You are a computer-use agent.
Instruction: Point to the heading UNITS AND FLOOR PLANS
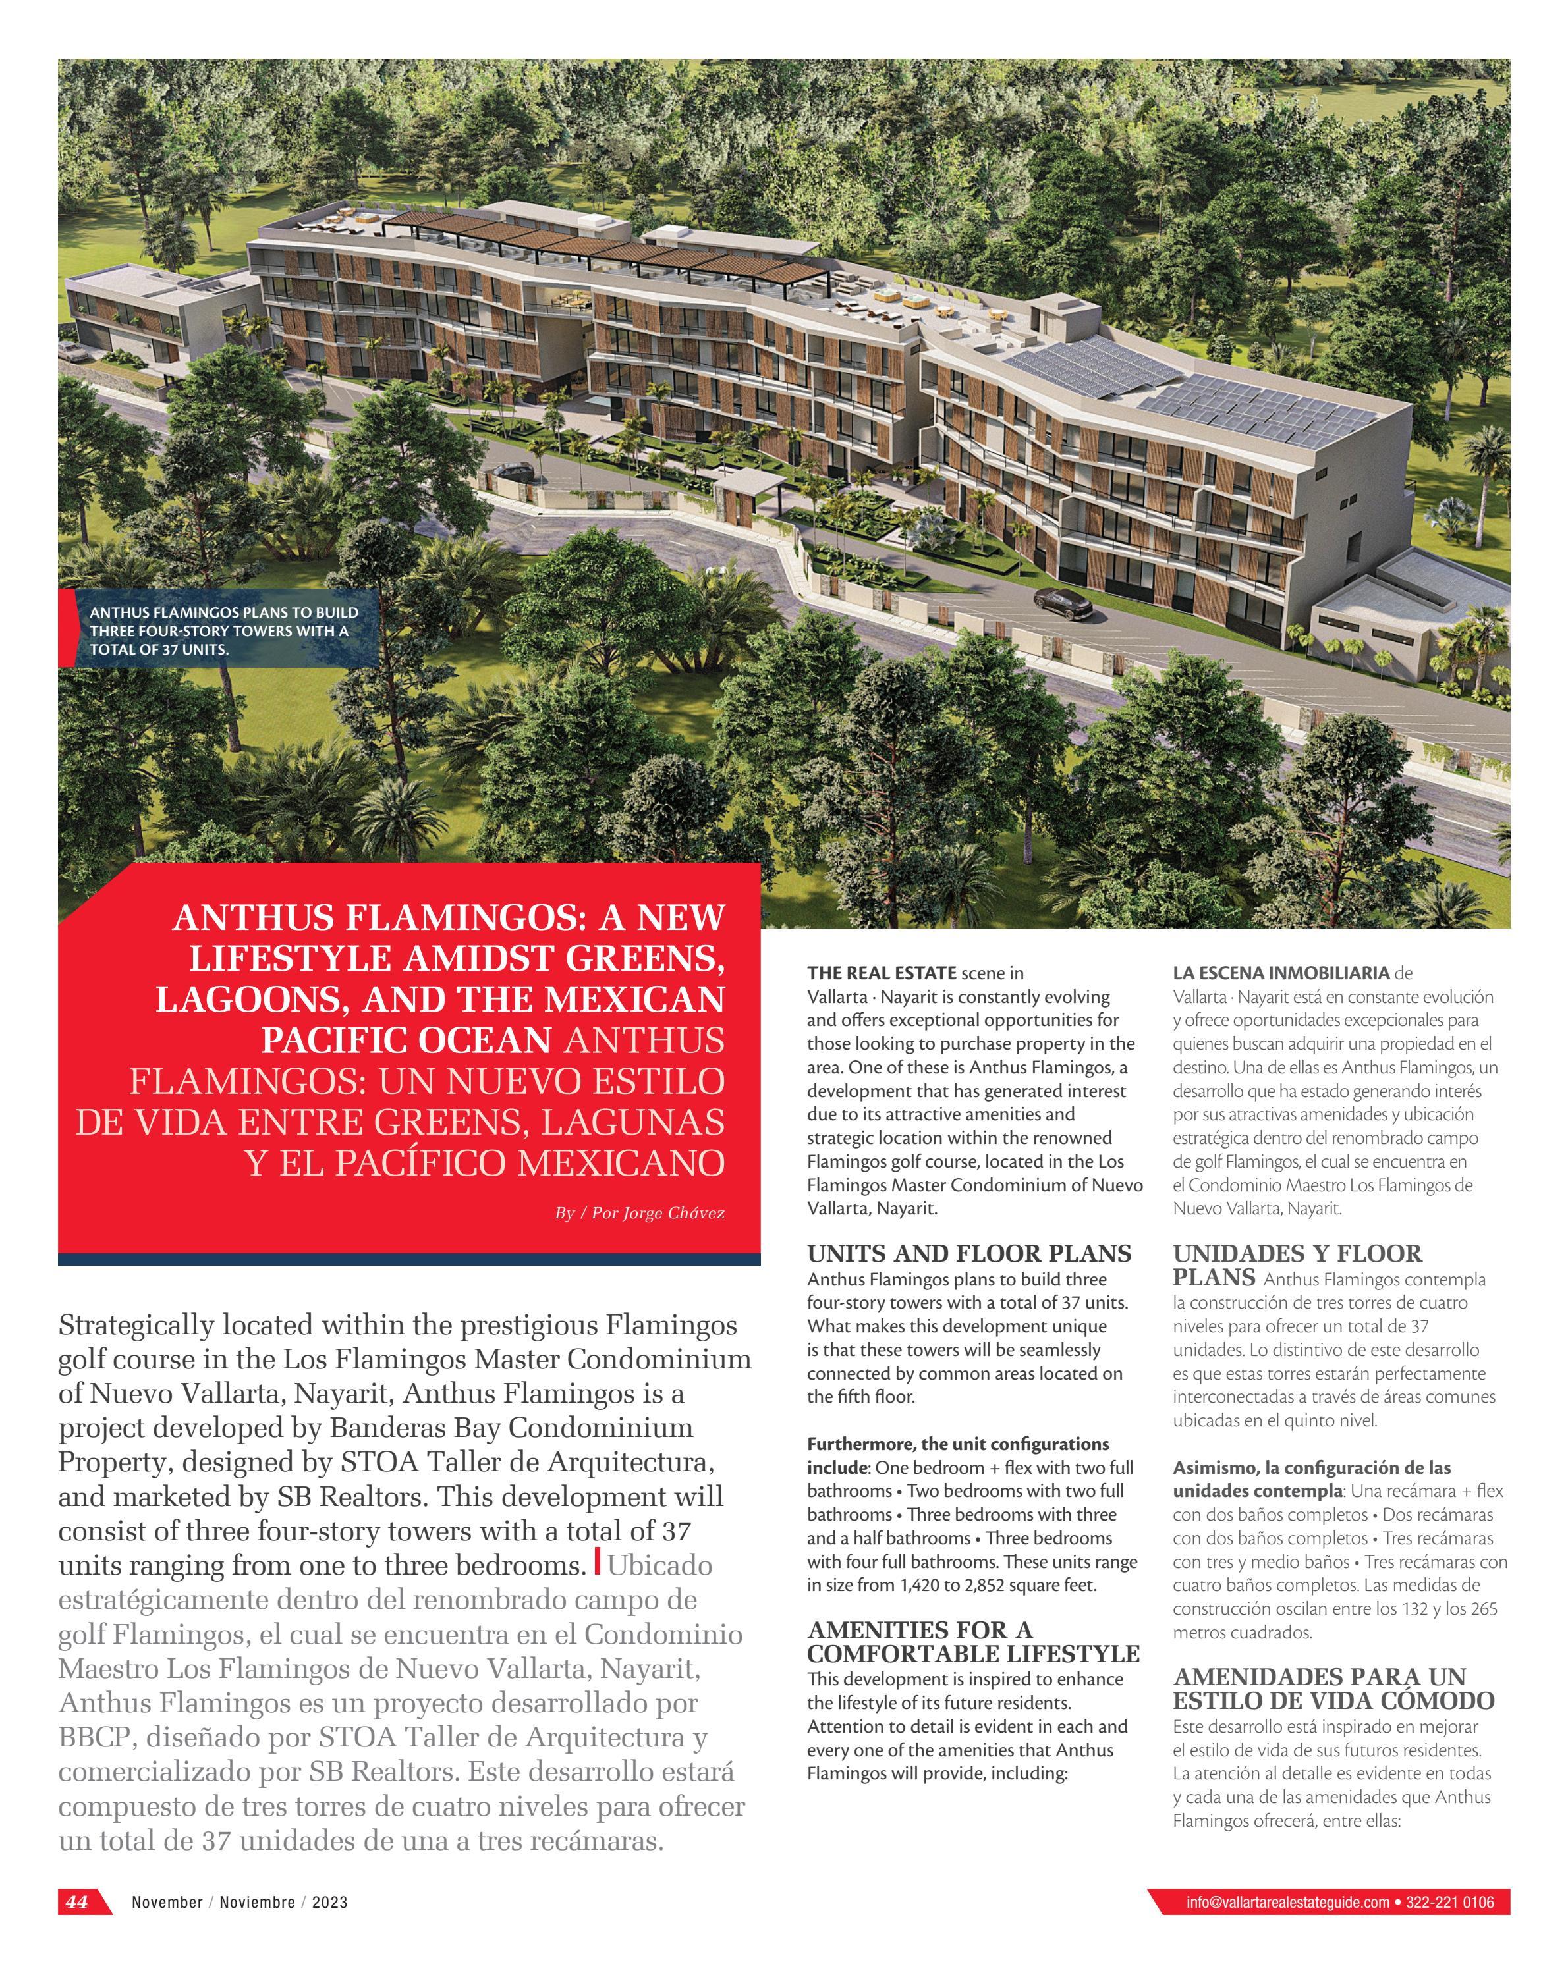pyautogui.click(x=968, y=1254)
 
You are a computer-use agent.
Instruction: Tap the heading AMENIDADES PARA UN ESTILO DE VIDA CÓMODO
pyautogui.click(x=1333, y=1689)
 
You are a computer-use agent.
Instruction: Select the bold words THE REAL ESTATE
pyautogui.click(x=881, y=973)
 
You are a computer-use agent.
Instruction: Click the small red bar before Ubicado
pyautogui.click(x=598, y=1559)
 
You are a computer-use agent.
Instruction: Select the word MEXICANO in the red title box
pyautogui.click(x=621, y=1163)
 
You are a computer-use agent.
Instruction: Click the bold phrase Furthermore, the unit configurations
pyautogui.click(x=957, y=1444)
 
